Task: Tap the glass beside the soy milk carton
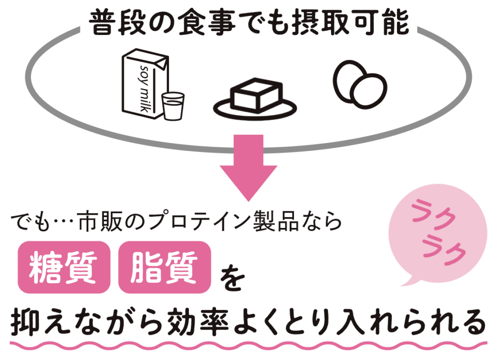(173, 106)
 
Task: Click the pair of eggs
(360, 84)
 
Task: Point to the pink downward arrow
(248, 165)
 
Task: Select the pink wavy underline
(248, 346)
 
